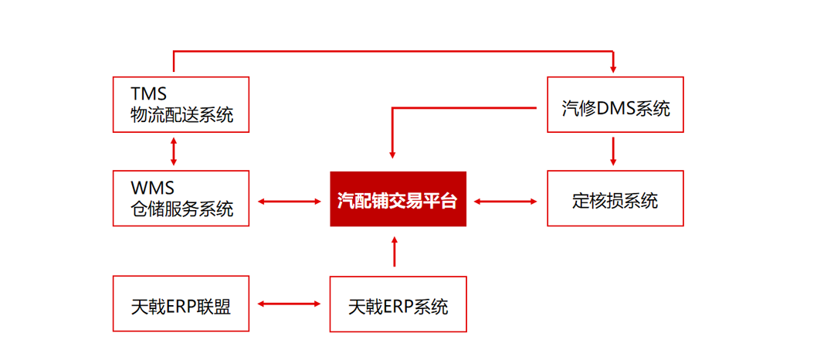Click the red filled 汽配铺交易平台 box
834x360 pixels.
pyautogui.click(x=398, y=199)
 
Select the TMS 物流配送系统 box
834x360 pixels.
pyautogui.click(x=181, y=104)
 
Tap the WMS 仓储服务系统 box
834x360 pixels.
pyautogui.click(x=181, y=199)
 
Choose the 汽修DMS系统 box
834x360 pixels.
pyautogui.click(x=615, y=104)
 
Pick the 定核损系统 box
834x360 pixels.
pyautogui.click(x=615, y=199)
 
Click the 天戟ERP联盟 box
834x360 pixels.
pyautogui.click(x=181, y=304)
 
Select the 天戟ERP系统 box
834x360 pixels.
pyautogui.click(x=398, y=304)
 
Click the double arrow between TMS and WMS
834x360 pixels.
pyautogui.click(x=173, y=151)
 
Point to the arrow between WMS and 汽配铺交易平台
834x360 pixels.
pyautogui.click(x=290, y=201)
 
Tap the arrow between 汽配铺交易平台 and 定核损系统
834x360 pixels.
pyautogui.click(x=506, y=201)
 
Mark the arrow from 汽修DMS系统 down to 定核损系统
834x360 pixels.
pyautogui.click(x=613, y=151)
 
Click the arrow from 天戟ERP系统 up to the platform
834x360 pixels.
pyautogui.click(x=394, y=251)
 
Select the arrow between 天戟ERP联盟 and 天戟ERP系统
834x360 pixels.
pyautogui.click(x=290, y=304)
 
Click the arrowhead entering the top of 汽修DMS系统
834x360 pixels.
pyautogui.click(x=613, y=69)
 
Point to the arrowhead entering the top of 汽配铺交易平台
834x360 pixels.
pyautogui.click(x=392, y=155)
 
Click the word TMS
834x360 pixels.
pyautogui.click(x=149, y=94)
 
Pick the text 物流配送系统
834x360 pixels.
pyautogui.click(x=182, y=115)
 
